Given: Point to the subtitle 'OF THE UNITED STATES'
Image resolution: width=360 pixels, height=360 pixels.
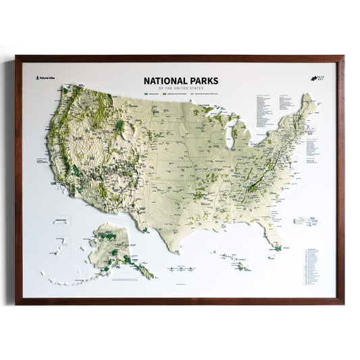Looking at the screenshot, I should coord(180,86).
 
